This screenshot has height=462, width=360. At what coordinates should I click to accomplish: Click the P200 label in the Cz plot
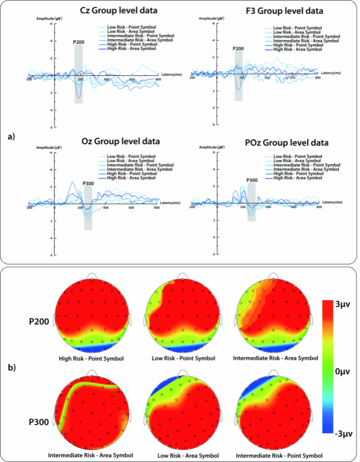point(79,42)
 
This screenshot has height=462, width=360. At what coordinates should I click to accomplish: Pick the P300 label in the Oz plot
point(88,183)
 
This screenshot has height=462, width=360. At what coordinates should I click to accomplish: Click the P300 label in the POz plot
point(251,180)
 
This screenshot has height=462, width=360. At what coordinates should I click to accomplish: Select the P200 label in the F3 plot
point(238,49)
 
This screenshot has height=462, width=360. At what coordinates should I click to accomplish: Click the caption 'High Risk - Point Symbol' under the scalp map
point(91,358)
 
